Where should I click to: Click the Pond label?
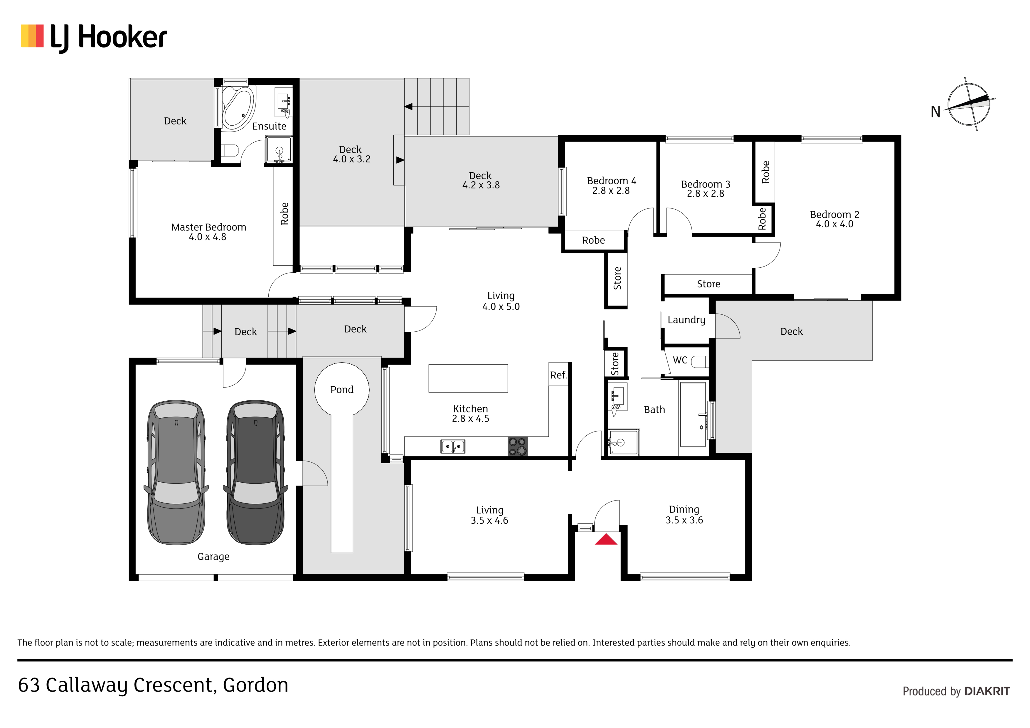(x=342, y=390)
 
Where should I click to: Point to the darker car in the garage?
(x=255, y=472)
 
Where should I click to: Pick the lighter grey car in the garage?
(x=176, y=472)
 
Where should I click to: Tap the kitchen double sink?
(x=453, y=446)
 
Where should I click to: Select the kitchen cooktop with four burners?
(x=517, y=446)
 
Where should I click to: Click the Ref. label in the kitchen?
(x=558, y=375)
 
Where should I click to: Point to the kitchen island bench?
(x=468, y=378)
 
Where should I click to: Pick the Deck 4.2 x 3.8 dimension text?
(x=481, y=185)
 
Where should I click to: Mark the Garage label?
(x=213, y=557)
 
